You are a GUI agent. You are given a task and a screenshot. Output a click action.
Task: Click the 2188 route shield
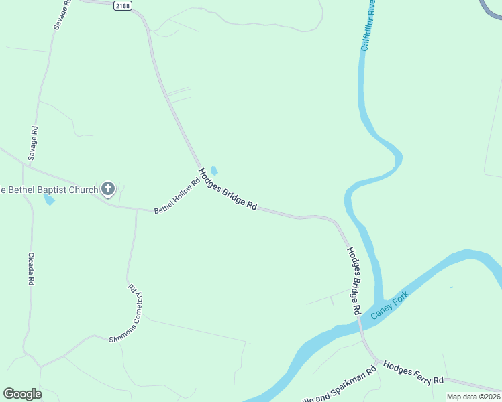[x=121, y=6]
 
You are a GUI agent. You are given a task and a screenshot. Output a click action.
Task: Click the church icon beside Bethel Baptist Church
[x=108, y=189]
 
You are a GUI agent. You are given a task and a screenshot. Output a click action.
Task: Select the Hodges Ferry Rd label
[x=413, y=371]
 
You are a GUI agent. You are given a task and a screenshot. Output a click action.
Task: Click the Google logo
[x=22, y=394]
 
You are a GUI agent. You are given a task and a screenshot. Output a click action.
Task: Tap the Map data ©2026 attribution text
[x=473, y=397]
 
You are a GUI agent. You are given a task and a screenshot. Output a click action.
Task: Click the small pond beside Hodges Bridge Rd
[x=214, y=170]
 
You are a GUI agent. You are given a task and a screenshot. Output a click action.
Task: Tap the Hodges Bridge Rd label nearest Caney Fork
[x=354, y=281]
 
